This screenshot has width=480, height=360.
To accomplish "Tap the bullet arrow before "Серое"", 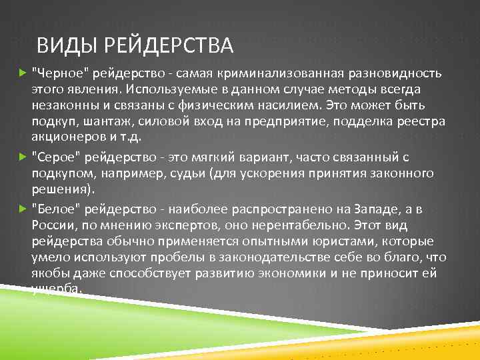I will [24, 157].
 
